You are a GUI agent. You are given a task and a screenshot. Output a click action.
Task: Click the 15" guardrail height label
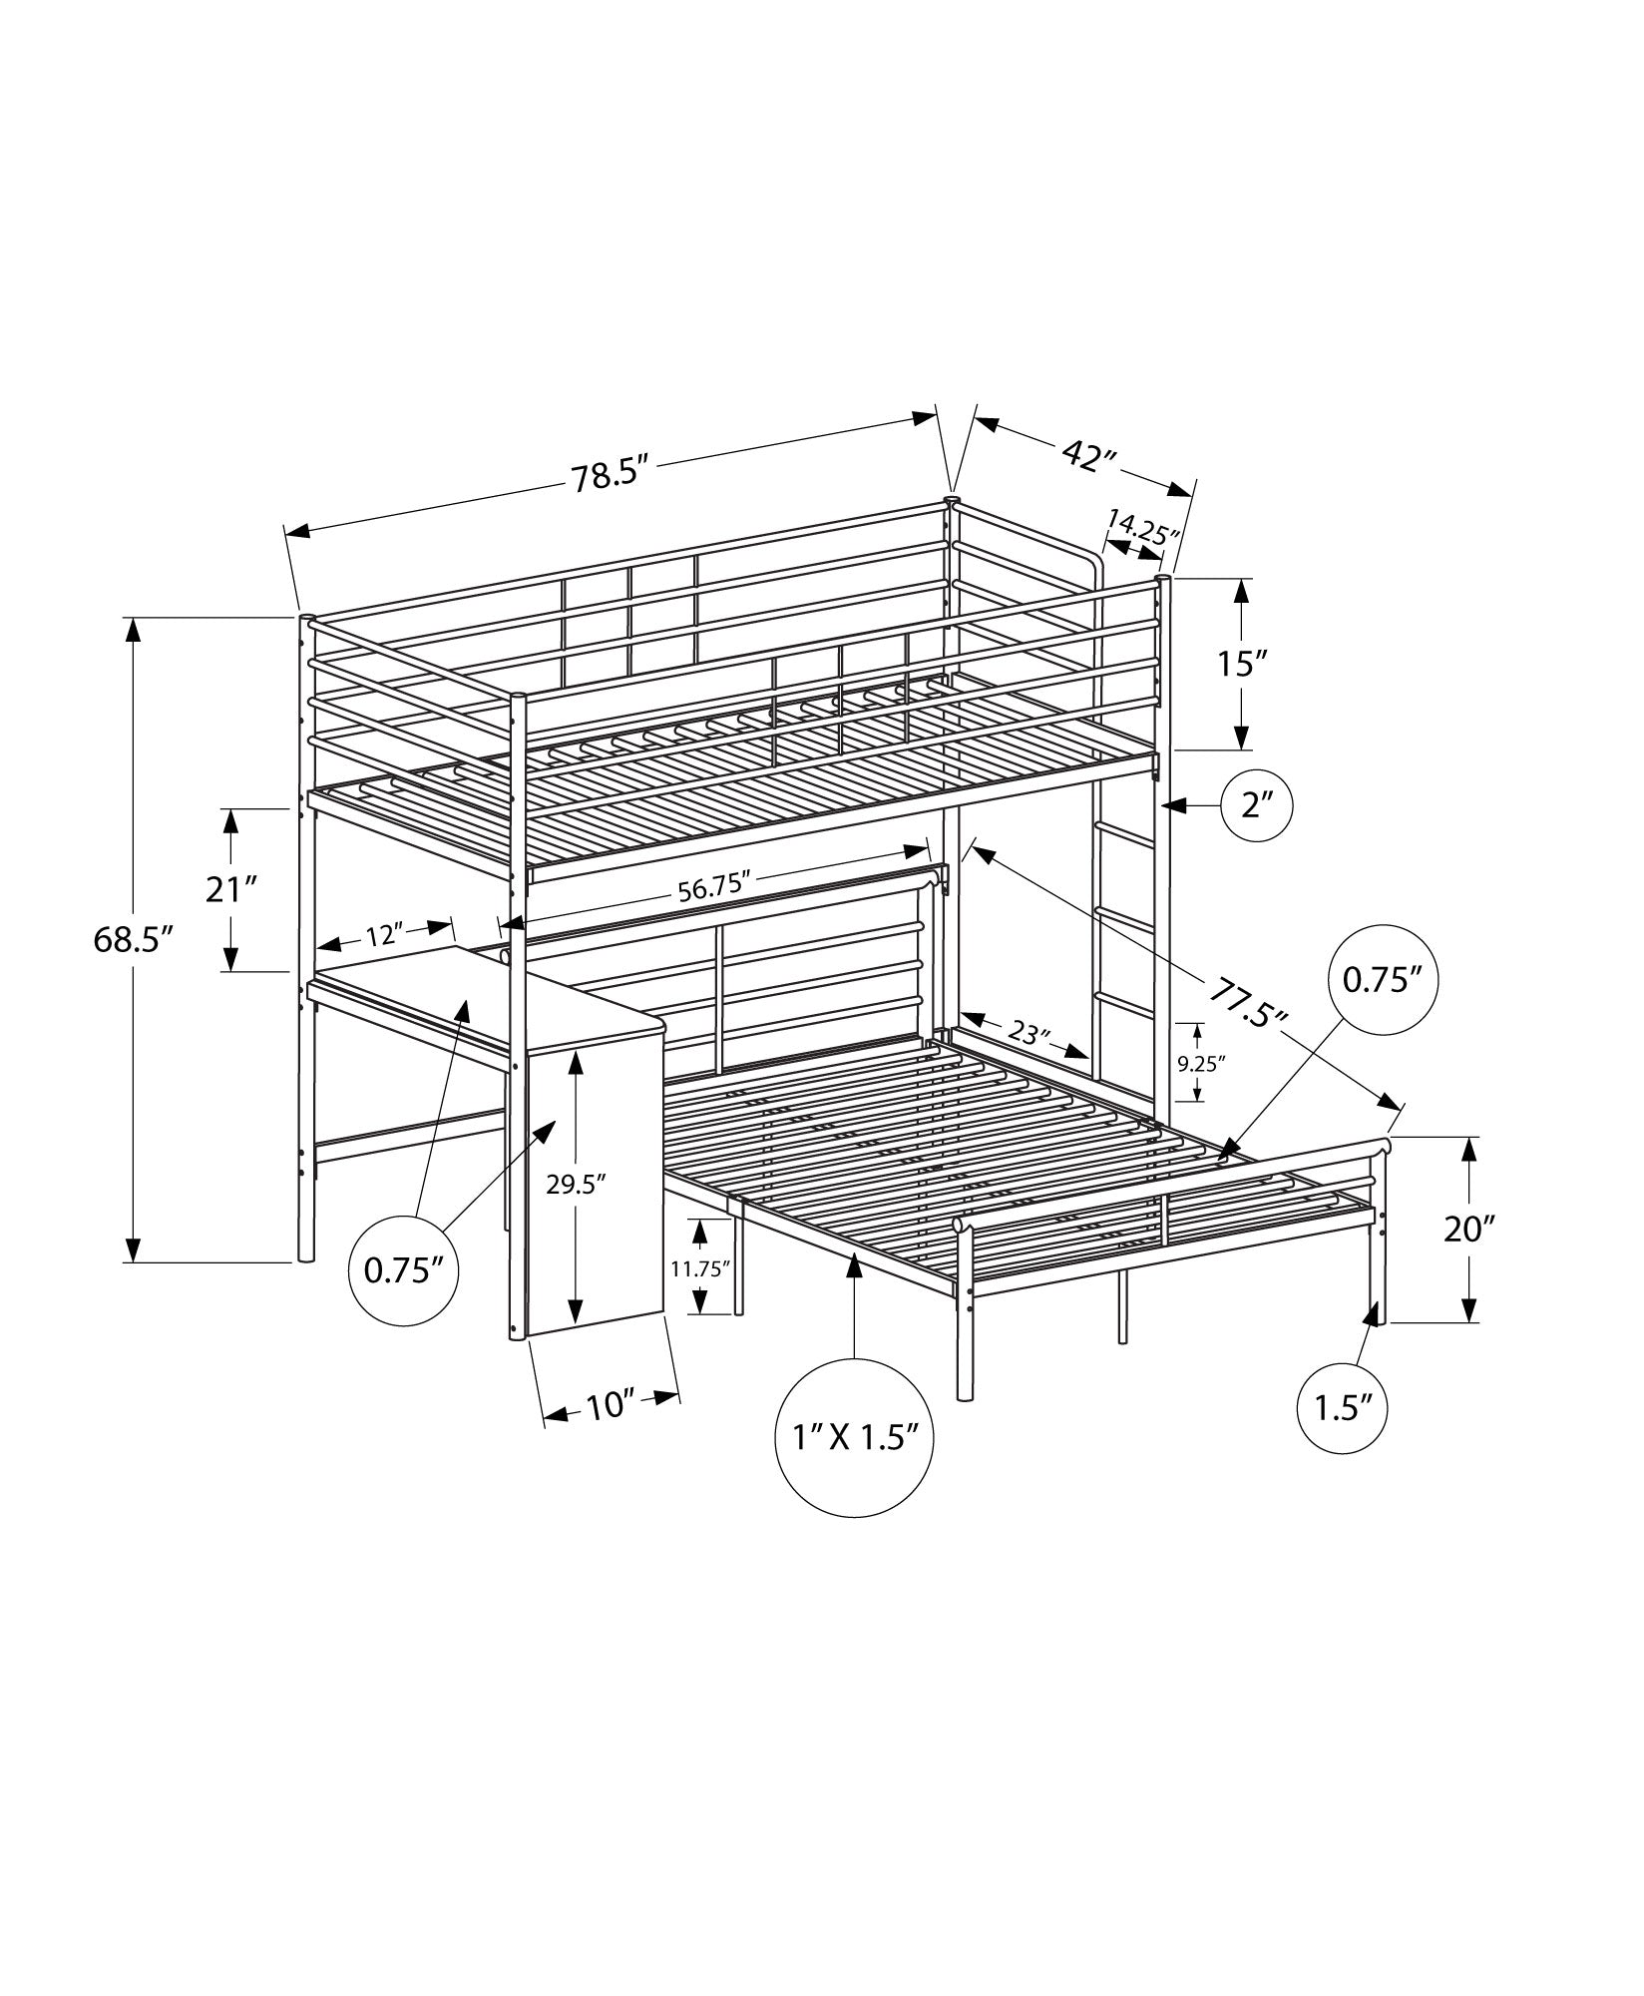(1241, 663)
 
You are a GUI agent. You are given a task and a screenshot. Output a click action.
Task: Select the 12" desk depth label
(384, 935)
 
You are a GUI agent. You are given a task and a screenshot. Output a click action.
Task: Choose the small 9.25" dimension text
(1200, 1063)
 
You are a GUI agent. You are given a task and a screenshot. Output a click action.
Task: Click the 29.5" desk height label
(576, 1185)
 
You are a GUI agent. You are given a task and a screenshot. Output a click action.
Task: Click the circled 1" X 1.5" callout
(854, 1438)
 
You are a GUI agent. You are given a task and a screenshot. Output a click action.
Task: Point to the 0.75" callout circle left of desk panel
(403, 1269)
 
